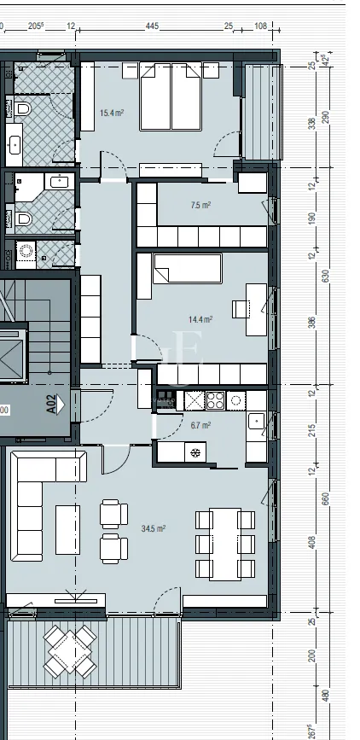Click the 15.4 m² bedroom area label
click(x=113, y=113)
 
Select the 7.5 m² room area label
click(x=200, y=205)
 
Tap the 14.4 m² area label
click(x=200, y=319)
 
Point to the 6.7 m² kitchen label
click(x=200, y=425)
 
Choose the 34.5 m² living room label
click(x=154, y=529)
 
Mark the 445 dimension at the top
click(x=152, y=26)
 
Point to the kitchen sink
click(x=255, y=421)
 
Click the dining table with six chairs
click(x=225, y=544)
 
